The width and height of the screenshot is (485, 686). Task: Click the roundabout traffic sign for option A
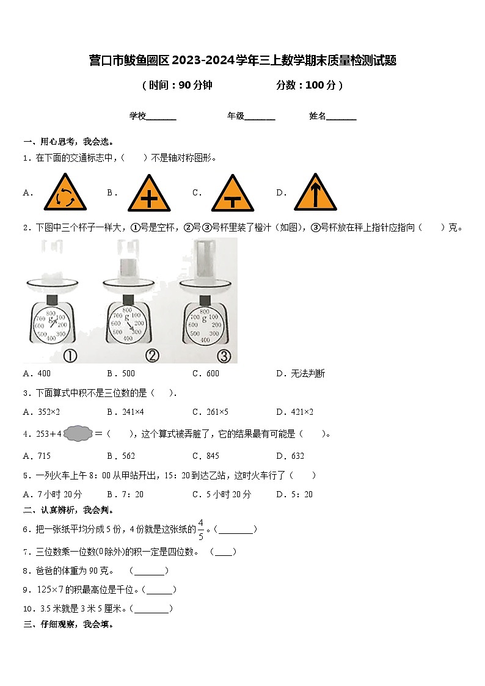65,194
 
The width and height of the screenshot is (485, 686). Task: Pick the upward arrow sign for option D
315,194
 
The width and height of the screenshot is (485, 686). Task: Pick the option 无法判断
308,373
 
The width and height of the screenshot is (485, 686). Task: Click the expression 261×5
217,412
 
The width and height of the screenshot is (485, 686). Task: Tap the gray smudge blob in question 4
78,434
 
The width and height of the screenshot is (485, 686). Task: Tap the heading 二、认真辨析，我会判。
68,510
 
